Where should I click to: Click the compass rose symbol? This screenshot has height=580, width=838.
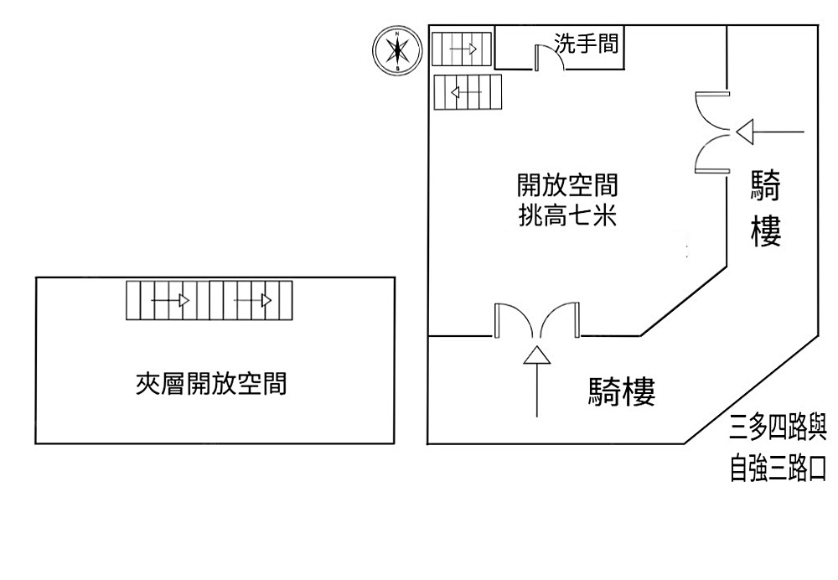coord(396,49)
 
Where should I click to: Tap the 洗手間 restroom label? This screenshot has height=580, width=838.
coord(587,43)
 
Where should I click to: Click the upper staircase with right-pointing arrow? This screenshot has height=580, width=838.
coord(461,49)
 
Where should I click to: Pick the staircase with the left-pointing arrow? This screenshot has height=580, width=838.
coord(467,92)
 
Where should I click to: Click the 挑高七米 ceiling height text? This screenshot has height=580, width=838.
coord(566,217)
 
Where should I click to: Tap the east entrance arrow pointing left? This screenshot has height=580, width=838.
coord(770,132)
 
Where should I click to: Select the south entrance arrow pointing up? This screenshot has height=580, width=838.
coord(536,381)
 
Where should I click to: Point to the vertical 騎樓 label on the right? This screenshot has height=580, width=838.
coord(767,209)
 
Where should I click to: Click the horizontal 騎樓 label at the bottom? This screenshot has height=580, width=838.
coord(621,391)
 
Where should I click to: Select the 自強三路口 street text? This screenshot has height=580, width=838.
coord(779,469)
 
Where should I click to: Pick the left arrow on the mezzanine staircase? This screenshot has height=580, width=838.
coord(170,300)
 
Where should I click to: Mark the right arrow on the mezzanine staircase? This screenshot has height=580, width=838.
coord(253,300)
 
